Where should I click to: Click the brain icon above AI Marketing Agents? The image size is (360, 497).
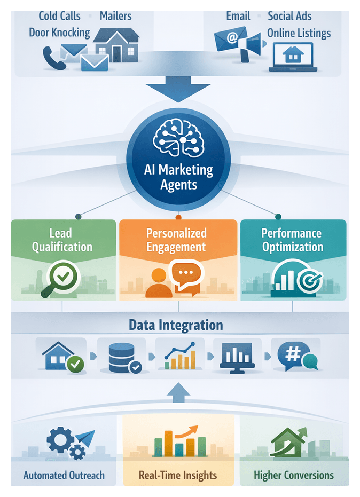(178, 137)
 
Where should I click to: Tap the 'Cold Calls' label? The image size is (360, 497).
(59, 16)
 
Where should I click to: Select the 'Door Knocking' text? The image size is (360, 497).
(59, 33)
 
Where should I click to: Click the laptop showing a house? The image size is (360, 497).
(293, 57)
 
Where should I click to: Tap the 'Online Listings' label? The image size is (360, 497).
(299, 33)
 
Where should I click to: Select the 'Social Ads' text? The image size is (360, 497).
(291, 16)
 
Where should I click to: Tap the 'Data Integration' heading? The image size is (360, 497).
(176, 325)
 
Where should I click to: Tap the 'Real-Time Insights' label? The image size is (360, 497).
(178, 475)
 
